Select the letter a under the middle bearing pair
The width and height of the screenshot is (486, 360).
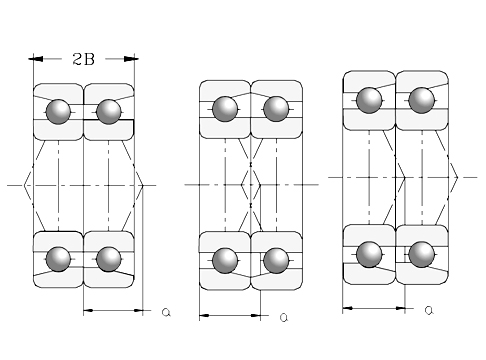[283, 317]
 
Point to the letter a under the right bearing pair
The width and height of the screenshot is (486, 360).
[428, 310]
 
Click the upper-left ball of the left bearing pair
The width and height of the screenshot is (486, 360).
[59, 110]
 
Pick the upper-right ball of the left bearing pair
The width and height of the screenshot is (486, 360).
[108, 110]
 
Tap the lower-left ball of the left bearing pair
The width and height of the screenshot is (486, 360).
[59, 258]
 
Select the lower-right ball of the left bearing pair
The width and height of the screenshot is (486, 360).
[108, 258]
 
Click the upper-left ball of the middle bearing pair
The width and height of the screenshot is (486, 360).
[225, 108]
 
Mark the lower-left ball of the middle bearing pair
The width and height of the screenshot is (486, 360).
[225, 259]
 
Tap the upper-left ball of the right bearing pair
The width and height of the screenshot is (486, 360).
[370, 100]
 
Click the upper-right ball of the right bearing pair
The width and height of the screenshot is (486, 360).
[422, 100]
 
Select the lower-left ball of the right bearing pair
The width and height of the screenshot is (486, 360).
[370, 254]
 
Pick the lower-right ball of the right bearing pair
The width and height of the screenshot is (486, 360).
[422, 254]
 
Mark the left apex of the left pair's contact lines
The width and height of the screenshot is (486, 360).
[23, 185]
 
